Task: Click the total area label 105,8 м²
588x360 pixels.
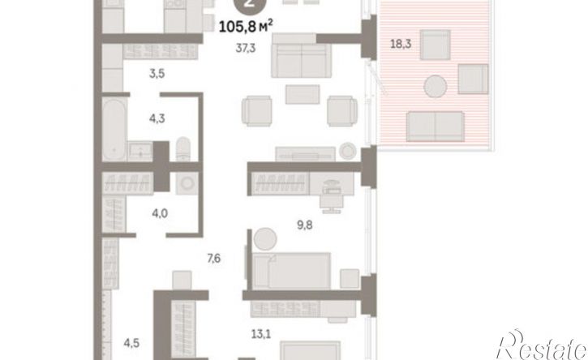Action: [x=245, y=26]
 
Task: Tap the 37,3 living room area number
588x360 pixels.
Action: [x=246, y=48]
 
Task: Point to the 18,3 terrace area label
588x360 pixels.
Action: [x=401, y=44]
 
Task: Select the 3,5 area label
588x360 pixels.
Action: [x=157, y=74]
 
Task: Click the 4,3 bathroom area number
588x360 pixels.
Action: [x=157, y=118]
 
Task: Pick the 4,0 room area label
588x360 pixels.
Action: [x=160, y=214]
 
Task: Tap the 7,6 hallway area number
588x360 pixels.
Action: [x=214, y=259]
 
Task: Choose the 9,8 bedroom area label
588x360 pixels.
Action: [x=304, y=225]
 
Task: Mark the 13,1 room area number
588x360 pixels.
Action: [x=261, y=334]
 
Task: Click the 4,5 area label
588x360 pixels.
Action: [x=131, y=343]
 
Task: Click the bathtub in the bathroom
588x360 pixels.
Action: [x=114, y=129]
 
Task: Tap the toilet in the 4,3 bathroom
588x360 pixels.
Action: [x=183, y=149]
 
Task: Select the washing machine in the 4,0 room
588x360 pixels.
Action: [x=187, y=183]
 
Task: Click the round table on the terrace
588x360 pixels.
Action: [x=436, y=86]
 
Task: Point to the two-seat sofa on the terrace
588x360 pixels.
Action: [x=436, y=126]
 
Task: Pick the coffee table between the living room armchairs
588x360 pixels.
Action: [x=303, y=94]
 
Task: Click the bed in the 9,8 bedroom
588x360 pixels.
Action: [x=292, y=271]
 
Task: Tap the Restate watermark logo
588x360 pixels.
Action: [x=542, y=345]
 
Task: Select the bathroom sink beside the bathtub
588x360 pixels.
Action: [x=140, y=152]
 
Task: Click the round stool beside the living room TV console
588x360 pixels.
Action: [x=348, y=151]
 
